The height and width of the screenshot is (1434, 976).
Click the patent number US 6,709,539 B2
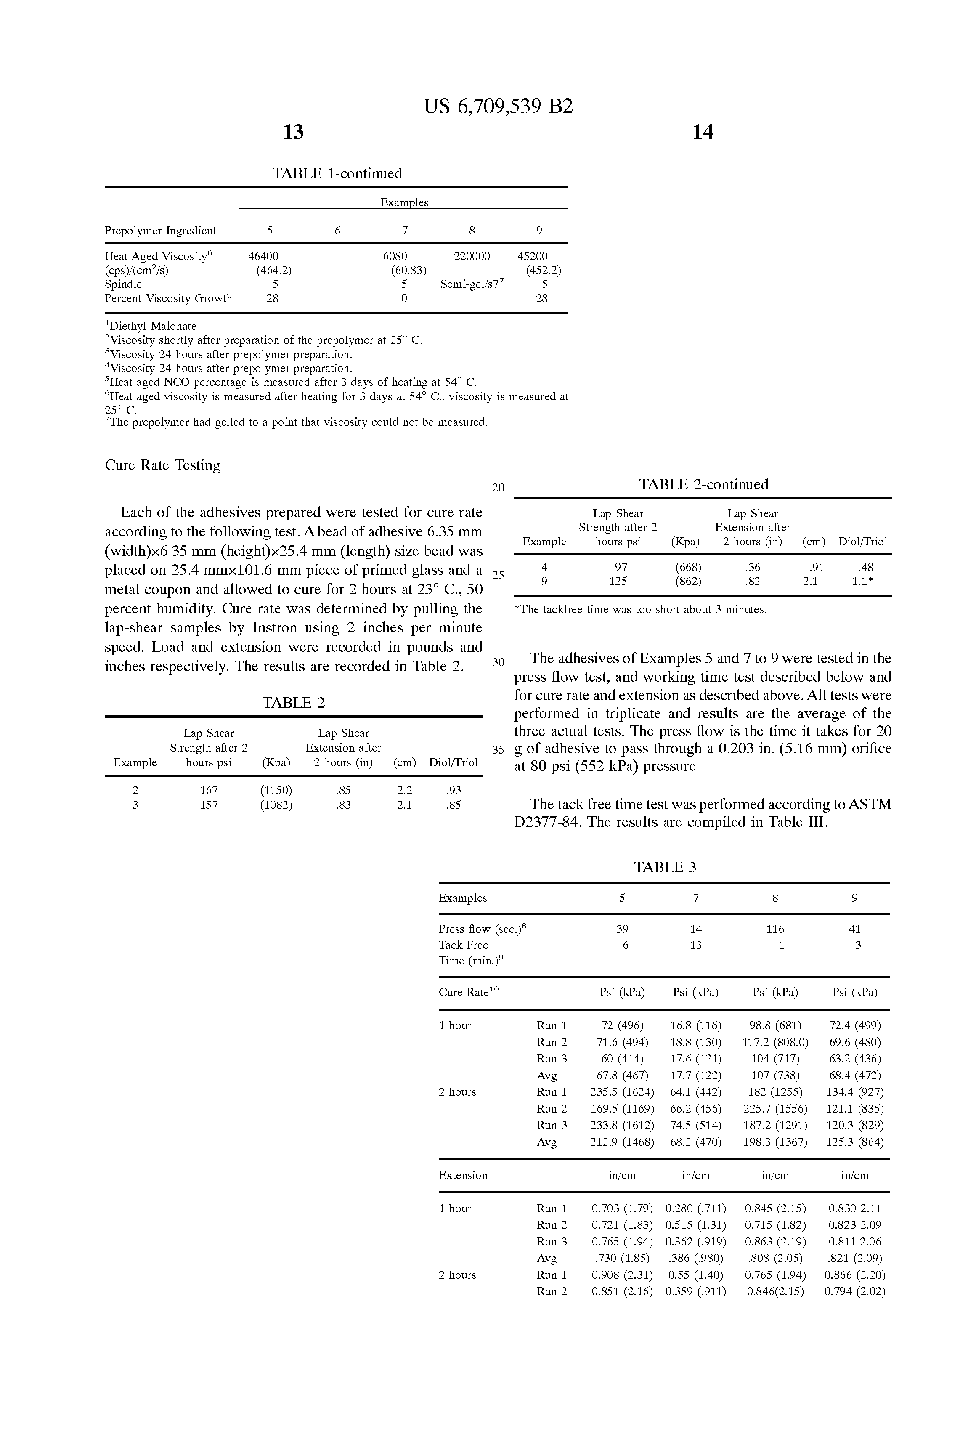[x=498, y=107]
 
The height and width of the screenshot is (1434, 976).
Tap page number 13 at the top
[x=293, y=132]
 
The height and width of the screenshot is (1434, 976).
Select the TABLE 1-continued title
[x=337, y=173]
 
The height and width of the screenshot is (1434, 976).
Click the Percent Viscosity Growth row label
[x=168, y=299]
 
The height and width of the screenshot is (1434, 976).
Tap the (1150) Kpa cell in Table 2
[x=276, y=790]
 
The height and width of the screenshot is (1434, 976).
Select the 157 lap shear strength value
[x=209, y=805]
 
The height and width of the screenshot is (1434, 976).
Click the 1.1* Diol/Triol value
[x=862, y=581]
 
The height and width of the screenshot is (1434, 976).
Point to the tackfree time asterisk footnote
[x=640, y=610]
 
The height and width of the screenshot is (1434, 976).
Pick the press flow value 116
[x=775, y=929]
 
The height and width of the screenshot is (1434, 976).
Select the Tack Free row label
[x=463, y=945]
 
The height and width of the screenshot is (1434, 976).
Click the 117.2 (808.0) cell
[x=775, y=1042]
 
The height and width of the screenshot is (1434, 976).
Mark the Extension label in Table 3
[x=463, y=1176]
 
